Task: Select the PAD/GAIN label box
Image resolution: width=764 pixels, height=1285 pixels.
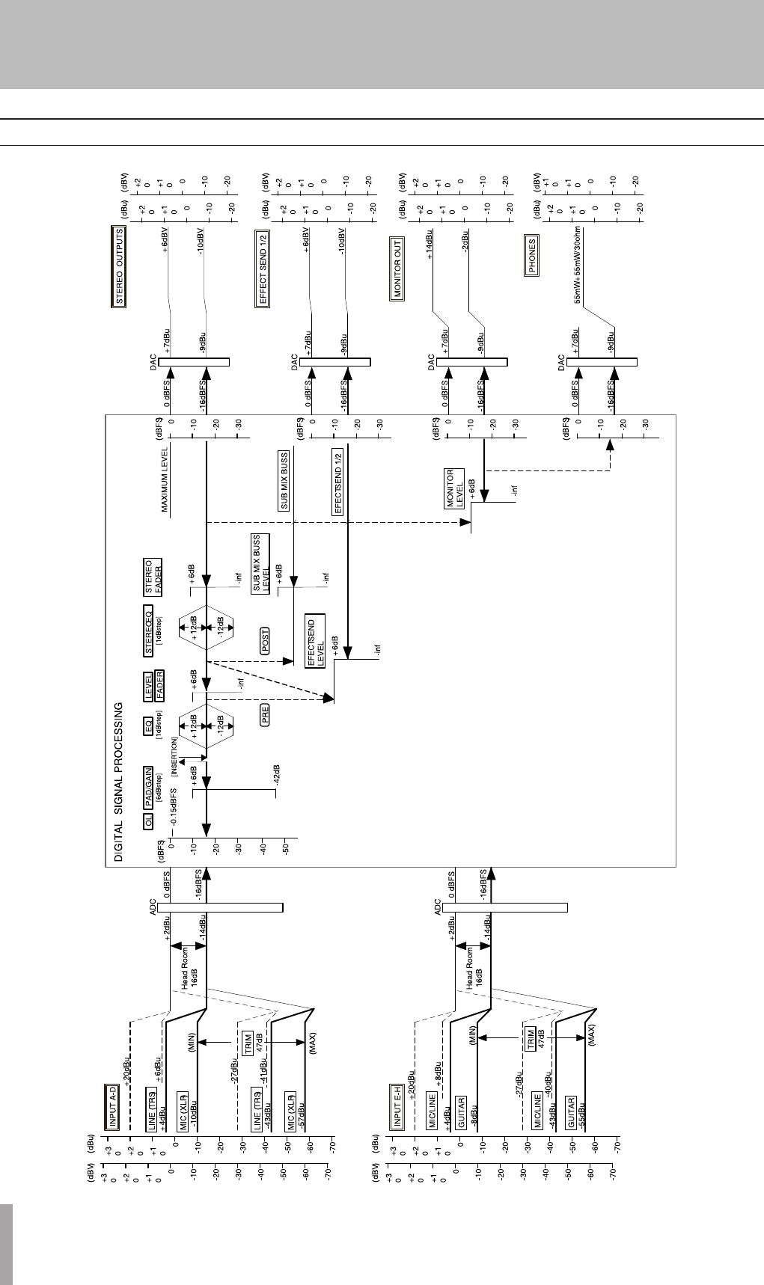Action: (x=149, y=785)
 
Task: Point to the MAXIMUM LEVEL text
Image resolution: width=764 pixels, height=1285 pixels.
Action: (x=165, y=481)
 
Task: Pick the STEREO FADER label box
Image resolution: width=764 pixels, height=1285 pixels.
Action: (x=153, y=577)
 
